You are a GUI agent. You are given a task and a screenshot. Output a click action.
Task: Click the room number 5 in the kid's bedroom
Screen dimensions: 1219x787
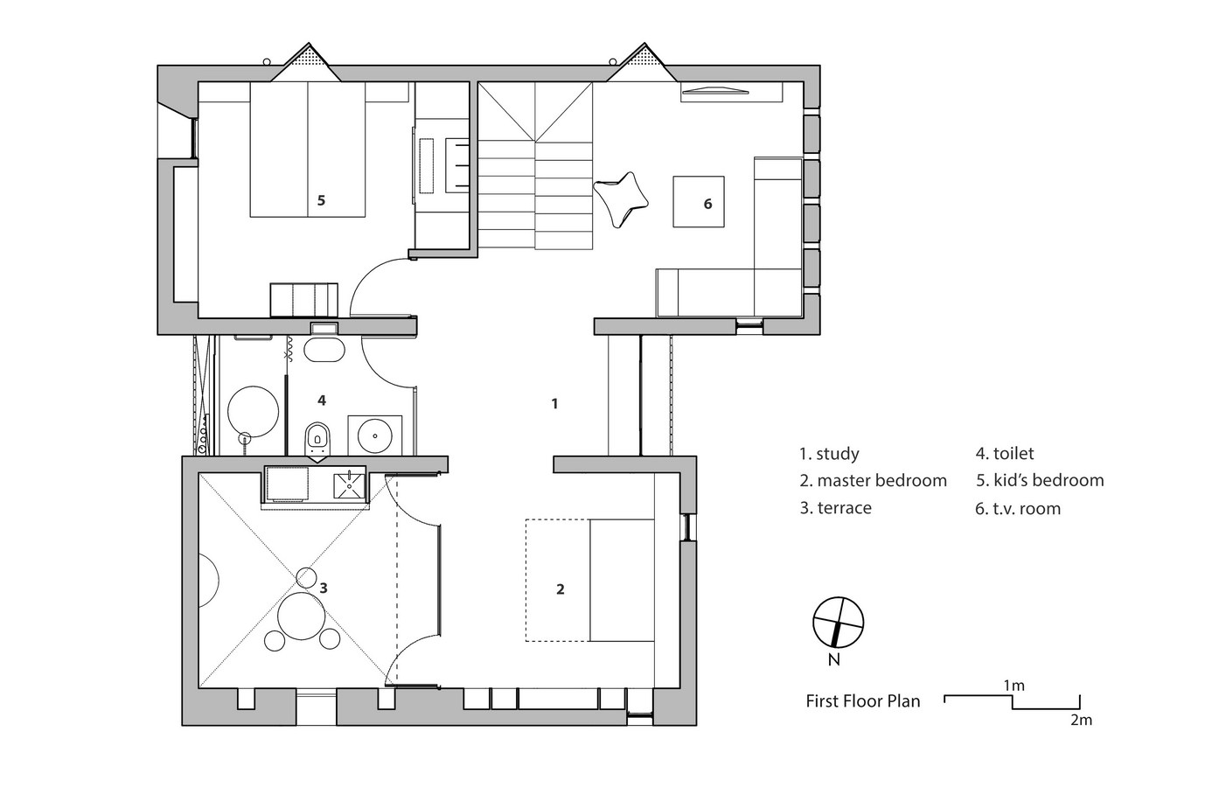[x=321, y=201]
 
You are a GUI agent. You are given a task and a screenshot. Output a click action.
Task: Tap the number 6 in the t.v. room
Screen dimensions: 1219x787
[x=707, y=204]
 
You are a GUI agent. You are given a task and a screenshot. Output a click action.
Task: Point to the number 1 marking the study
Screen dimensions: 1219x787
[x=554, y=404]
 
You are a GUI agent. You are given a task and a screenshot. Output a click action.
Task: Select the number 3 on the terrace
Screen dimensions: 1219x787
[x=324, y=588]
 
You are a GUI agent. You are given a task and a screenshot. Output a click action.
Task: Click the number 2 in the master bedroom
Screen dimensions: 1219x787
[x=561, y=589]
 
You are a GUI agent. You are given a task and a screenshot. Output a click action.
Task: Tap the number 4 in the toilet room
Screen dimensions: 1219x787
[x=322, y=400]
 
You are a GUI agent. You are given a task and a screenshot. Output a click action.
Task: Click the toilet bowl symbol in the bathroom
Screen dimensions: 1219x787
[x=317, y=439]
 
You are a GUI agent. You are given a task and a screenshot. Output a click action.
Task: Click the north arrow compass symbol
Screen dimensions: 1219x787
[x=838, y=622]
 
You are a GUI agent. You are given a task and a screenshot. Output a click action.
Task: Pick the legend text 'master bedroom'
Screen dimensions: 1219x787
[x=881, y=481]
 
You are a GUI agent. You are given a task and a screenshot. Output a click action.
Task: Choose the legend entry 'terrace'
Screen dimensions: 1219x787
[x=844, y=508]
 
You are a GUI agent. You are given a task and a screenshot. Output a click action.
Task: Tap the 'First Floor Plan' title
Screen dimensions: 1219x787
[x=862, y=701]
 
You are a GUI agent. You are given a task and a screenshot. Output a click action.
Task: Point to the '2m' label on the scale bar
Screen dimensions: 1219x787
[x=1082, y=720]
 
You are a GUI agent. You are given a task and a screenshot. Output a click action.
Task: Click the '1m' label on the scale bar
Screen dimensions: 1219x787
[x=1014, y=686]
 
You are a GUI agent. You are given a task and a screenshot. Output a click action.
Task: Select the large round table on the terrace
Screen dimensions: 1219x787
[x=301, y=616]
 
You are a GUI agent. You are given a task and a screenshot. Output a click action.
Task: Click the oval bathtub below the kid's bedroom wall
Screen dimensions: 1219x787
[x=324, y=350]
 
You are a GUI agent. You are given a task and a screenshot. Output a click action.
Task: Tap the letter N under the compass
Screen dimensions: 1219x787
[x=833, y=660]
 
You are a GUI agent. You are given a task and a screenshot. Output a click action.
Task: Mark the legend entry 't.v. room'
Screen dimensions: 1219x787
[x=1018, y=508]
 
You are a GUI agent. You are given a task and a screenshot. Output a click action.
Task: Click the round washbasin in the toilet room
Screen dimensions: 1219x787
[x=375, y=435]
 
